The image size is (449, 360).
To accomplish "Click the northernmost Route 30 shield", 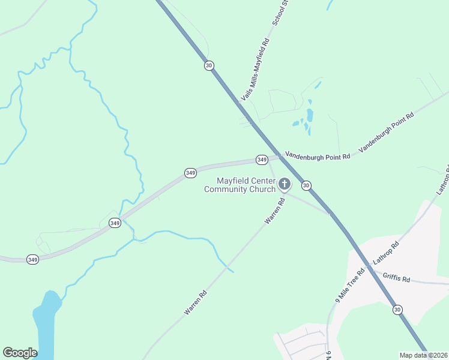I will coord(208,65).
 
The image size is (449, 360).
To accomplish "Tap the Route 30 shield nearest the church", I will coord(306,185).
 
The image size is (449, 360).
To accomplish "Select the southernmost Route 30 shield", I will coord(397,309).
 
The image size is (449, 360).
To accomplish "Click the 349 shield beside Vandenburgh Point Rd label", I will coord(262,160).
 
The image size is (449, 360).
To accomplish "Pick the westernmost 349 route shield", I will coord(32,259).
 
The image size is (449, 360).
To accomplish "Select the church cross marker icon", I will coord(284,184).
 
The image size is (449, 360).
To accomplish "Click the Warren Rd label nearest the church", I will coord(274,209).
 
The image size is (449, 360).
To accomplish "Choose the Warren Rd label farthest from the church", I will coord(196,302).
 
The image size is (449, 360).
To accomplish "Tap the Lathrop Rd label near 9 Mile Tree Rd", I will coord(386,254).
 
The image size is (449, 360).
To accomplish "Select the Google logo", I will coord(20,353).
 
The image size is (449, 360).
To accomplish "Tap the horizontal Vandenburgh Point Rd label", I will coord(317,156).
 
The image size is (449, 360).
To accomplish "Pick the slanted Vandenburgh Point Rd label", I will coord(386,132).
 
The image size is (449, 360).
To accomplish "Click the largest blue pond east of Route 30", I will coord(310,115).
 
